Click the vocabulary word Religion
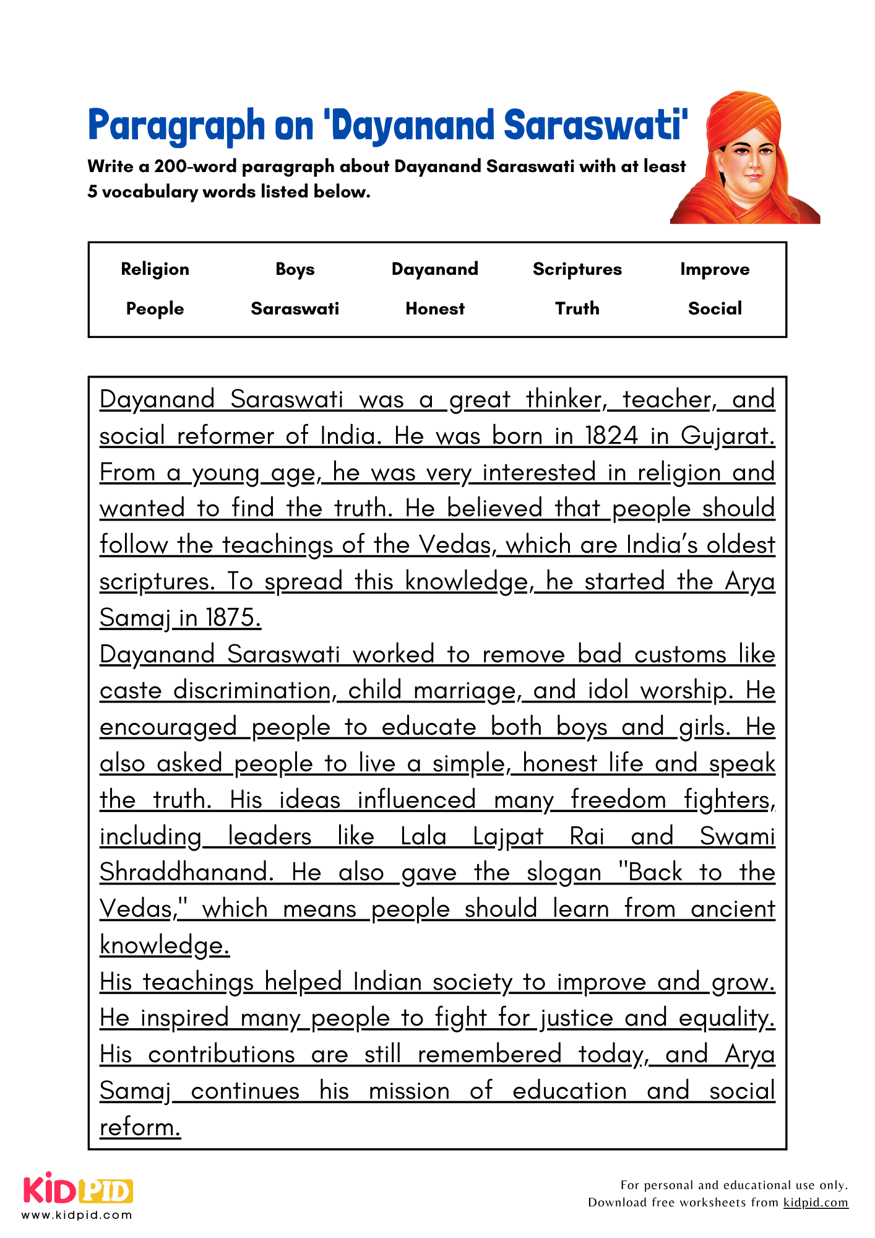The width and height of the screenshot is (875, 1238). [x=155, y=269]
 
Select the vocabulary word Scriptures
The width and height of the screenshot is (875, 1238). [x=577, y=269]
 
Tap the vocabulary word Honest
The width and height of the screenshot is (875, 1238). [x=435, y=308]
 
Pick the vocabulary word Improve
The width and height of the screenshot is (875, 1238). [x=714, y=269]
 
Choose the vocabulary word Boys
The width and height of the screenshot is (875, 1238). [x=295, y=269]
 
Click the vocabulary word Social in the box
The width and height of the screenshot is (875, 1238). [x=714, y=308]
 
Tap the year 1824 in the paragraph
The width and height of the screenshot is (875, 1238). [x=611, y=436]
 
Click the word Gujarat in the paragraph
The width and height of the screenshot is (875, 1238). [x=727, y=436]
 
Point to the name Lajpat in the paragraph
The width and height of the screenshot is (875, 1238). [x=507, y=836]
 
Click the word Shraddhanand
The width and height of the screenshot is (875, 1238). [x=186, y=873]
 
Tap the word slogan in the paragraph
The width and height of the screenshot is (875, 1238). [x=564, y=873]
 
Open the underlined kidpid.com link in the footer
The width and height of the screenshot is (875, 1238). [x=815, y=1202]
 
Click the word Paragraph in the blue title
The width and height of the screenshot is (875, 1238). [x=176, y=126]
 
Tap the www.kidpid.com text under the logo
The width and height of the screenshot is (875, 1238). [x=77, y=1214]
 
